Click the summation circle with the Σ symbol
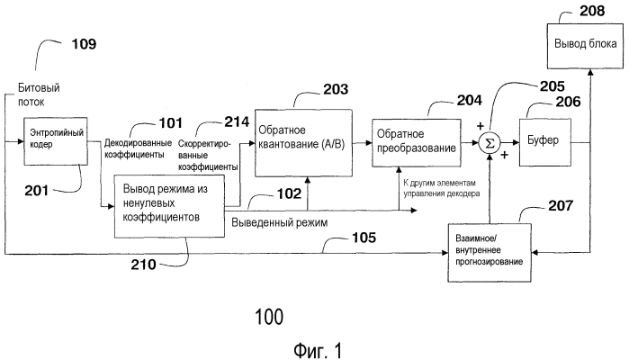[x=490, y=143]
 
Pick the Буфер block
[x=544, y=142]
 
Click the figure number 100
[x=267, y=316]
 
